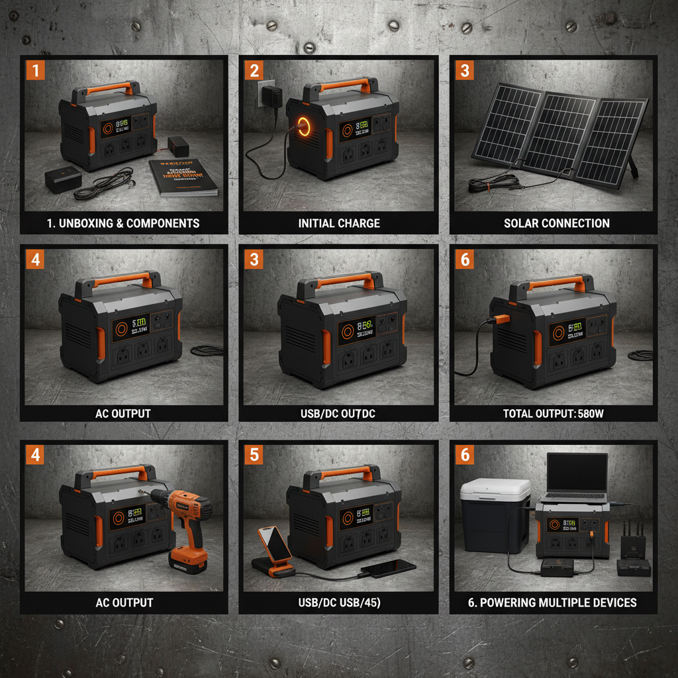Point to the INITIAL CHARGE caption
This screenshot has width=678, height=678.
(x=339, y=223)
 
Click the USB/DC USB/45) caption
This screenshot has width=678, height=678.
(x=339, y=603)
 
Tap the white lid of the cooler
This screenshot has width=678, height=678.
(x=495, y=493)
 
